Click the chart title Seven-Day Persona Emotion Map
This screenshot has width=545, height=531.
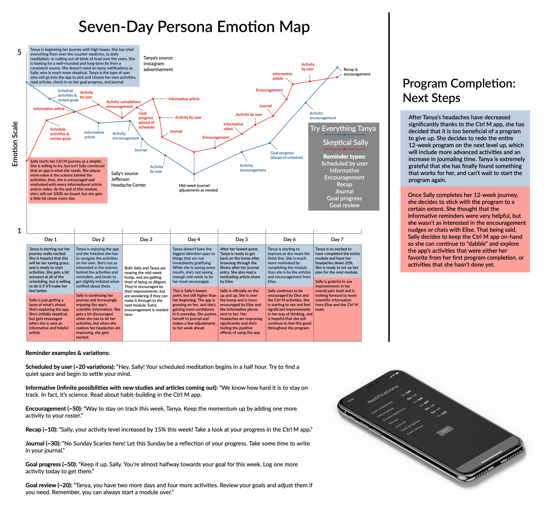pos(194,27)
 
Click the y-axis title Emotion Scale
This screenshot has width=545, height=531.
pos(15,144)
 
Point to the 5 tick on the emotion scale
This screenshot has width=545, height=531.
pos(19,52)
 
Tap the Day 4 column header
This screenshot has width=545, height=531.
pos(194,239)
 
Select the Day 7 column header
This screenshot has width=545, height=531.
pos(337,239)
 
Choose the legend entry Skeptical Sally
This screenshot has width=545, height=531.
pos(345,143)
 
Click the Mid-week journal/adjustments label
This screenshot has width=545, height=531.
pos(198,188)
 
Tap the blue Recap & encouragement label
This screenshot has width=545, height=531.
pos(357,72)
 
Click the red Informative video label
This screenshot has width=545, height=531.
pos(233,126)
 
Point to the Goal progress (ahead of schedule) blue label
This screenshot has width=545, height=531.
pos(286,155)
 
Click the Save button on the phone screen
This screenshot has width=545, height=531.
pos(445,430)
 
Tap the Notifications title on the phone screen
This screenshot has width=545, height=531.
pos(383,394)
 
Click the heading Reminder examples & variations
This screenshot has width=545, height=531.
pos(68,353)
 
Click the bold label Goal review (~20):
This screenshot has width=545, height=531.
pos(49,485)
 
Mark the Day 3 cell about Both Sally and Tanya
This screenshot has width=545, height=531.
pos(146,291)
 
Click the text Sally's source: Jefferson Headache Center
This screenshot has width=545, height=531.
pos(128,179)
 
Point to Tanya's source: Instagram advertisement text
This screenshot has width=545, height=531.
pos(158,64)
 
